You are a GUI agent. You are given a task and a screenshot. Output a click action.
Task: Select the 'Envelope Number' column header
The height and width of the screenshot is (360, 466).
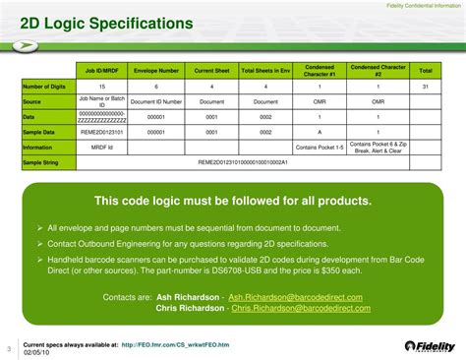coord(155,71)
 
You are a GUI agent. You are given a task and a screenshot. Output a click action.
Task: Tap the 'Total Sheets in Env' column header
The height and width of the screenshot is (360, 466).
coord(265,71)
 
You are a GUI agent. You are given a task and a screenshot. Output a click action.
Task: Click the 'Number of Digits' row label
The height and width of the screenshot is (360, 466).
coord(44,88)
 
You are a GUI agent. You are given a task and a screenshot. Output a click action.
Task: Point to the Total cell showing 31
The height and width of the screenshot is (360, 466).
coord(425,88)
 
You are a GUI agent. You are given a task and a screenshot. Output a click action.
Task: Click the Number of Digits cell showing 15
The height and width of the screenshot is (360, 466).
coord(102,88)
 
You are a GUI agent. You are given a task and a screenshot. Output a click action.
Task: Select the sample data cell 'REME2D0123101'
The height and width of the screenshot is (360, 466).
coord(102,131)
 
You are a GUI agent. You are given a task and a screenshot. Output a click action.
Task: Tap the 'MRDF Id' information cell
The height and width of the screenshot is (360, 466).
coord(102,146)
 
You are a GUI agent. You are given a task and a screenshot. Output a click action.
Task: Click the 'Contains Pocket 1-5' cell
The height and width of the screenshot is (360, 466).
coord(320,146)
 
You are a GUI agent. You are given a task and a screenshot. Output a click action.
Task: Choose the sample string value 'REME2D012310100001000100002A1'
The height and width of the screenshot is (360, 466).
coord(242,160)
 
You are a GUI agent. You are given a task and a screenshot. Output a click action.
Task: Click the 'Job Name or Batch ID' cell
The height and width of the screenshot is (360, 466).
coord(102,101)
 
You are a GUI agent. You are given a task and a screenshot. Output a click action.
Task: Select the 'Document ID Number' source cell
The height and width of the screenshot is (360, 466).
coord(155,101)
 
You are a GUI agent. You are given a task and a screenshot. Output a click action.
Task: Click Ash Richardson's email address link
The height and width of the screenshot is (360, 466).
coord(295,297)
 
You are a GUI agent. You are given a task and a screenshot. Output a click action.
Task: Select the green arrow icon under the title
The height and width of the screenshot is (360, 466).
coord(29,45)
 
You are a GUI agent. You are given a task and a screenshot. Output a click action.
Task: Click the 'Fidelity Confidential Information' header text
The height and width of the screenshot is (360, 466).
coord(420,6)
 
